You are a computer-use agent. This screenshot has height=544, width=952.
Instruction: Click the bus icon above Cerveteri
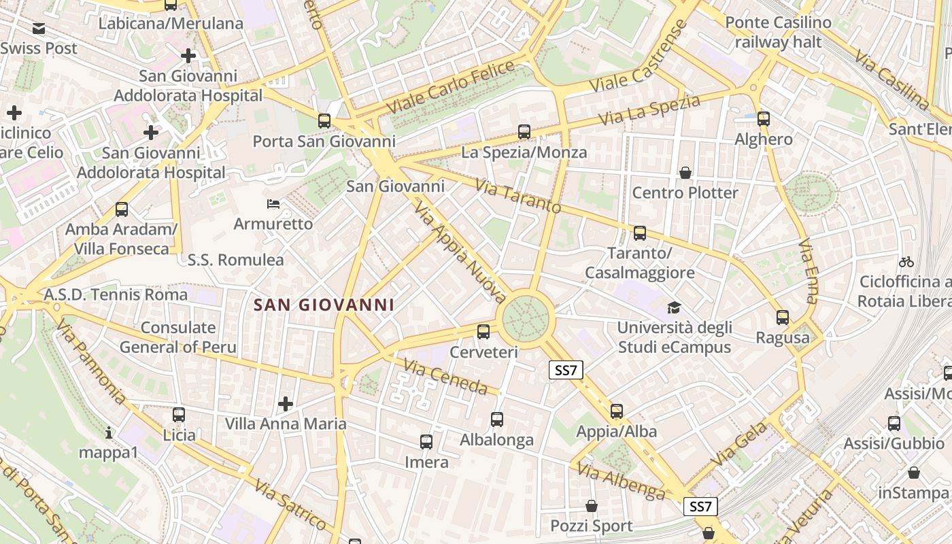[x=483, y=332]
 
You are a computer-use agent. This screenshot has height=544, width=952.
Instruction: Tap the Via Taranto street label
[x=517, y=196]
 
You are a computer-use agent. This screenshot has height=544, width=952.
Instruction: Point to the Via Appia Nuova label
[x=460, y=252]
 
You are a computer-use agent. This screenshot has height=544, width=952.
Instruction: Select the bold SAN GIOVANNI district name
[x=324, y=305]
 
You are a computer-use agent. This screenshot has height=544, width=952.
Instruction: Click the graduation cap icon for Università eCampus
[x=674, y=307]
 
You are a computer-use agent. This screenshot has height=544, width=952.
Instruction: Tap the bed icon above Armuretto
[x=273, y=203]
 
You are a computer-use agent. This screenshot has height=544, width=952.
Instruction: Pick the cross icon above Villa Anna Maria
[x=286, y=405]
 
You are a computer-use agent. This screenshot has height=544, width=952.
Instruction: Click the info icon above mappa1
[x=109, y=432]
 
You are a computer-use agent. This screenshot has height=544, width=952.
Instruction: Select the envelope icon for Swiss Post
[x=39, y=29]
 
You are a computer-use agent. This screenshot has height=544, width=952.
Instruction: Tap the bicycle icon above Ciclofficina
[x=906, y=262]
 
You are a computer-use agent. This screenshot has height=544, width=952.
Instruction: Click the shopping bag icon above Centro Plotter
[x=685, y=173]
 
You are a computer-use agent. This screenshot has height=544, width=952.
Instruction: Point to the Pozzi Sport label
[x=591, y=526]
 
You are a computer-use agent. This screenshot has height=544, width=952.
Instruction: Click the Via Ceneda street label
[x=445, y=376]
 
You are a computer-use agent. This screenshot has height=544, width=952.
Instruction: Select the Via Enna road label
[x=808, y=271]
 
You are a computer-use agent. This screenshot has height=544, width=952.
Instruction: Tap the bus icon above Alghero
[x=764, y=119]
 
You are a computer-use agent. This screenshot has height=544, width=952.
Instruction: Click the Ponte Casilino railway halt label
[x=778, y=32]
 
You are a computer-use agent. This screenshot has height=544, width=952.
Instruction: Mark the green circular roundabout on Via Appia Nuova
[x=525, y=318]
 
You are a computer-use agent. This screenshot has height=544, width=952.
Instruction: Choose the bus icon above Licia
[x=179, y=415]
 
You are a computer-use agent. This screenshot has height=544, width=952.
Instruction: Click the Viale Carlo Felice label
[x=450, y=87]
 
